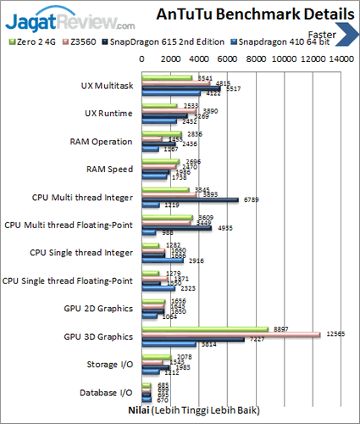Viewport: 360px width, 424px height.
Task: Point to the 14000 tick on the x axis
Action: coord(341,60)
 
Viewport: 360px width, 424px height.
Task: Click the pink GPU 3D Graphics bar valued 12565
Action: coord(230,334)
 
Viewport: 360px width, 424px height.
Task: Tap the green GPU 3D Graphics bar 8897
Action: coord(205,329)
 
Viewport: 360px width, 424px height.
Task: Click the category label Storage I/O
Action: coord(110,364)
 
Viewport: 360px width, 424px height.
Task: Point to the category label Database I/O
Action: coord(107,392)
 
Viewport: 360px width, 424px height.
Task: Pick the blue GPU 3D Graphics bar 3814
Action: coord(169,344)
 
